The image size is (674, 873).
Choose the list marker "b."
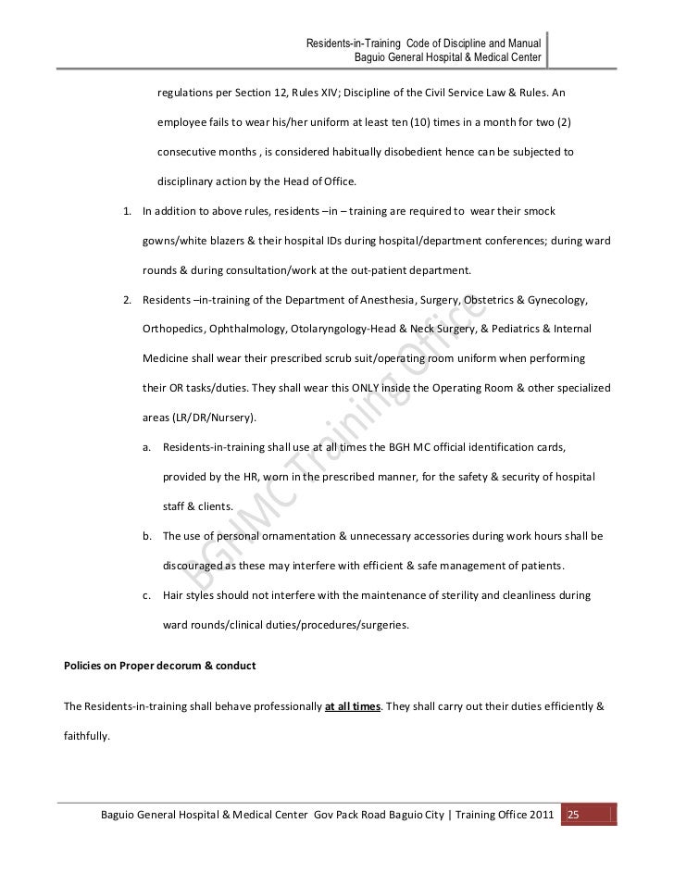[x=147, y=536]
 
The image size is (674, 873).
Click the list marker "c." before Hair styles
[x=147, y=596]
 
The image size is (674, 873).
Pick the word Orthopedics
[x=173, y=330]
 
